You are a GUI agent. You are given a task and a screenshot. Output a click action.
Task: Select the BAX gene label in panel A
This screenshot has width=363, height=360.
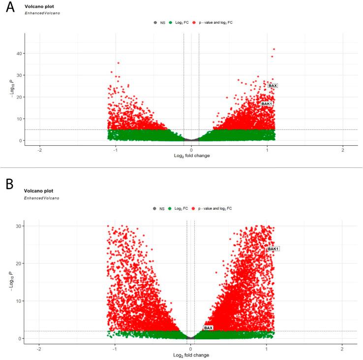click(x=272, y=86)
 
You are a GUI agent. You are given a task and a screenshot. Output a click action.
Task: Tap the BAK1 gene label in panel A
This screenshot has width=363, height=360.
click(x=267, y=104)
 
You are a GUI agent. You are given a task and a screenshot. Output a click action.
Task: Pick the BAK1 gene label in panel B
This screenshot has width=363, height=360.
click(x=273, y=249)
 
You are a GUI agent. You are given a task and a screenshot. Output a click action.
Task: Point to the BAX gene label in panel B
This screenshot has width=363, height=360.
click(x=208, y=328)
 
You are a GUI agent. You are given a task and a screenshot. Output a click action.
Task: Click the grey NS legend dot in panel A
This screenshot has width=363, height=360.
click(x=155, y=23)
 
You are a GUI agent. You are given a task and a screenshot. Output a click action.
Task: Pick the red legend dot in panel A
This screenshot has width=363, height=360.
click(x=195, y=23)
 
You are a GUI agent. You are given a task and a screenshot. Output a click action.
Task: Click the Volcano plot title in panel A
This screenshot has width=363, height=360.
click(x=38, y=7)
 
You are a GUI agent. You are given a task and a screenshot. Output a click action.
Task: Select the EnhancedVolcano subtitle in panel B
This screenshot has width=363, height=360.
click(x=42, y=198)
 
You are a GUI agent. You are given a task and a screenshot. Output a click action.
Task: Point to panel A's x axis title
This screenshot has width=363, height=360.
click(x=191, y=156)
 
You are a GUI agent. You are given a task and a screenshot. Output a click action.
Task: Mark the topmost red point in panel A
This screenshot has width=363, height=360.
click(x=274, y=49)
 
